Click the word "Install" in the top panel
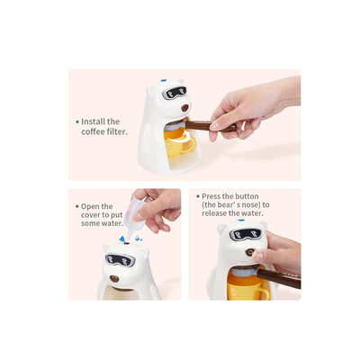pos(93,121)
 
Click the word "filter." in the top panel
pos(117,132)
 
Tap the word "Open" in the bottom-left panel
pos(89,207)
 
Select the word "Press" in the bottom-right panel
pos(210,196)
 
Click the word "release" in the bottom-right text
pos(214,213)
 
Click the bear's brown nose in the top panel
pos(184,108)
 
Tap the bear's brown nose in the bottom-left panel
pos(114,278)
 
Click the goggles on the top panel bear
pos(175,93)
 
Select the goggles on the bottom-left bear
pos(120,260)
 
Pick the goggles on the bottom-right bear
pos(246,234)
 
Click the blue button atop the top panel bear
pos(164,80)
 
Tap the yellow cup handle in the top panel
pos(190,145)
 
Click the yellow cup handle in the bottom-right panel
pos(265,293)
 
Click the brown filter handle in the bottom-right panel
pos(279,278)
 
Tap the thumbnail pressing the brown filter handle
pos(215,126)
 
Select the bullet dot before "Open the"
pos(77,207)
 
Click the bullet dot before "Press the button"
pos(198,196)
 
